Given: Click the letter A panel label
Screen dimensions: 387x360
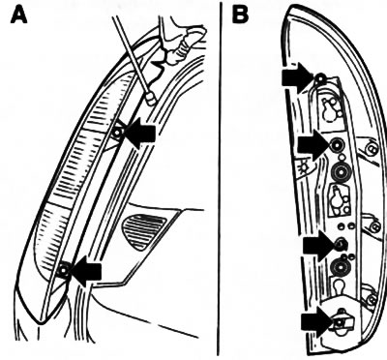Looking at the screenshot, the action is (x=19, y=15).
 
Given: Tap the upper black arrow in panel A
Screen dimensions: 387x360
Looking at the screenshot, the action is (x=139, y=133).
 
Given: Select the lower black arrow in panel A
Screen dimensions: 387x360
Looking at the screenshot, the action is (x=85, y=271).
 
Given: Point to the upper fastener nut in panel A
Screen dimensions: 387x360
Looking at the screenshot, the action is (x=117, y=133).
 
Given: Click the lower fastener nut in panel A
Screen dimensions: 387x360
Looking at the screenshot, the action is (x=64, y=270).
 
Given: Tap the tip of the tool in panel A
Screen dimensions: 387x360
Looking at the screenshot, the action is (x=151, y=98).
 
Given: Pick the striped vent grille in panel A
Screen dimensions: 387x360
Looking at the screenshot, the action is (x=143, y=231).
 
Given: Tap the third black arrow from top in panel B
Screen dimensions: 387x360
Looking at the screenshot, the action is (x=319, y=246).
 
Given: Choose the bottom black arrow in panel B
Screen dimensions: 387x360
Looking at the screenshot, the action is (x=317, y=322).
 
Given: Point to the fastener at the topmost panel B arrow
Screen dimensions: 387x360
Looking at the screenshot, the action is (x=320, y=78).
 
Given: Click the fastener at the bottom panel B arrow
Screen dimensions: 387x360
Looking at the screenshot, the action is (x=339, y=322).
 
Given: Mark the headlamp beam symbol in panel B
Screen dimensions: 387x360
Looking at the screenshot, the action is (x=302, y=167).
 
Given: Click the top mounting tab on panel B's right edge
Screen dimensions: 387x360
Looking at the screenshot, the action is (x=371, y=148).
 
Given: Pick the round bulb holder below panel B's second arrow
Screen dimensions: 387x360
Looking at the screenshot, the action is (x=341, y=173).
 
